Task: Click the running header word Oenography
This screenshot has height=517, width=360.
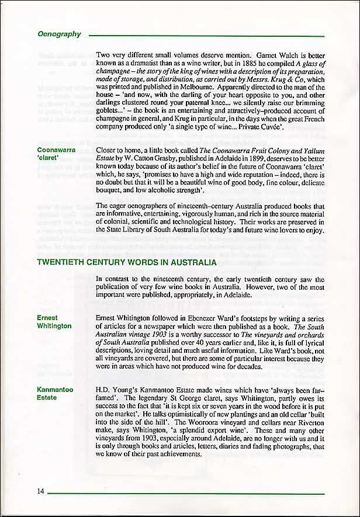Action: [x=59, y=34]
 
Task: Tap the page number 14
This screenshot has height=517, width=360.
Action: [x=40, y=491]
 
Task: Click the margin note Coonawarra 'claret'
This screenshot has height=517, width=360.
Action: [x=56, y=154]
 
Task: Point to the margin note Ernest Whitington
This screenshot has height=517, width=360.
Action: [x=54, y=322]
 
